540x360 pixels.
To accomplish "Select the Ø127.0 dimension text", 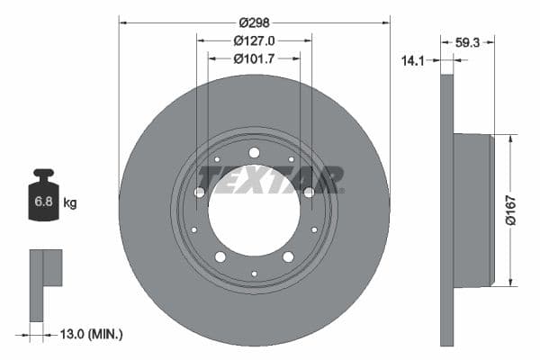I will point(254,40).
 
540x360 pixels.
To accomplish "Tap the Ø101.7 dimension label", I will point(254,59).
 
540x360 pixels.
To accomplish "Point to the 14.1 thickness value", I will point(412,61).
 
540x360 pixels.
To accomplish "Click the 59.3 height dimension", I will point(467,40).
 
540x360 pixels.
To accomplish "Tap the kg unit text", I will point(70,203).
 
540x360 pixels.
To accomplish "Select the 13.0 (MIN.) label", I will point(92,334).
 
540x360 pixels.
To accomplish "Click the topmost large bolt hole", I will point(254,152).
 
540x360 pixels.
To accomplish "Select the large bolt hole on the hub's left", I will point(200,192).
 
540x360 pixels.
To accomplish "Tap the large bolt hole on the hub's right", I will point(309,192).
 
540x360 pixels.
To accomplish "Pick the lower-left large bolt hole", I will point(220,256).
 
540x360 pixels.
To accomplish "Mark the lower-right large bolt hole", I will point(288,256).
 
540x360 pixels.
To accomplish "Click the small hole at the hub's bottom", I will point(254,273).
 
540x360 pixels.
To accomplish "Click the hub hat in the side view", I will point(473,210).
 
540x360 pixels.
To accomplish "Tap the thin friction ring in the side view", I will point(447,210).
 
